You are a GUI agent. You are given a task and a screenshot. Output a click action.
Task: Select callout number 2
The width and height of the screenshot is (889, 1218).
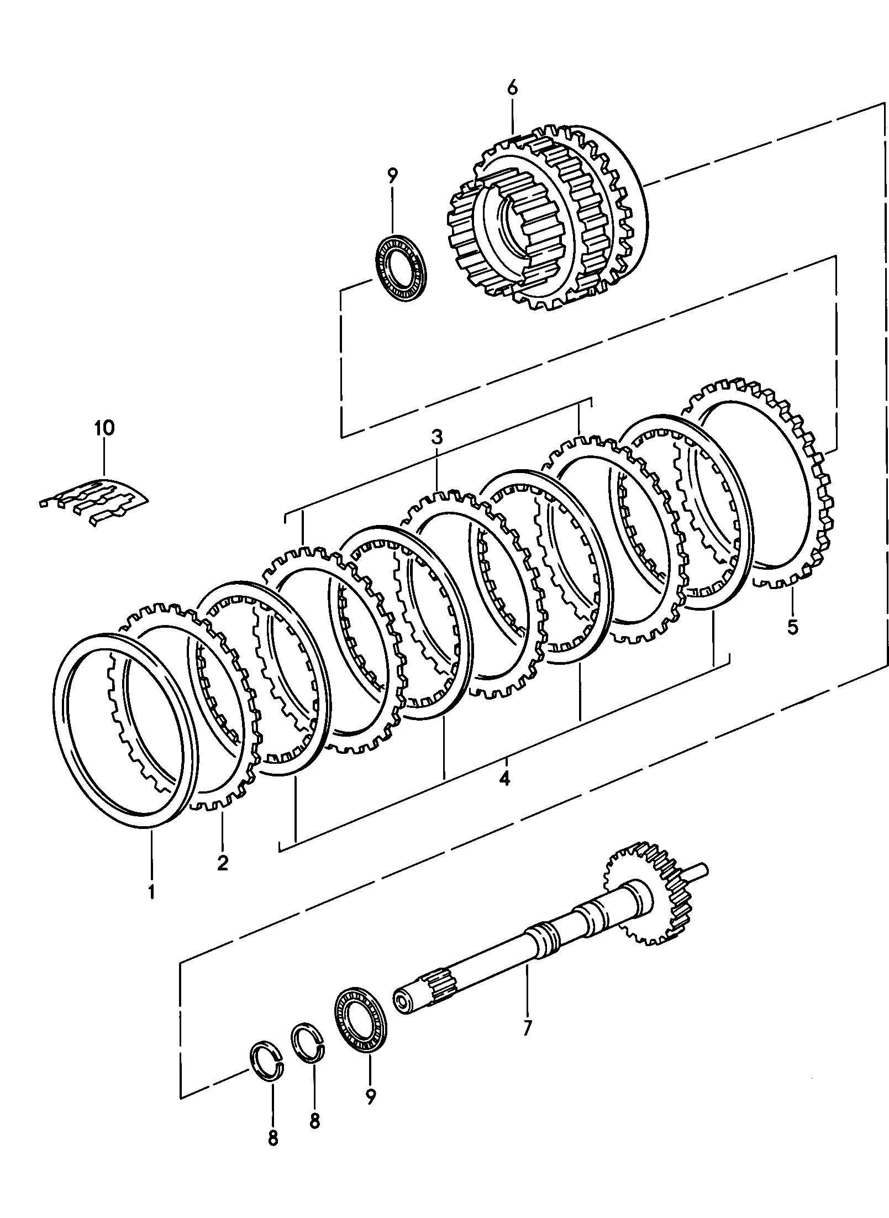[223, 863]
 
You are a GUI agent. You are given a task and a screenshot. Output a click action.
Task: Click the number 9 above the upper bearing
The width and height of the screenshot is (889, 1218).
[392, 177]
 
